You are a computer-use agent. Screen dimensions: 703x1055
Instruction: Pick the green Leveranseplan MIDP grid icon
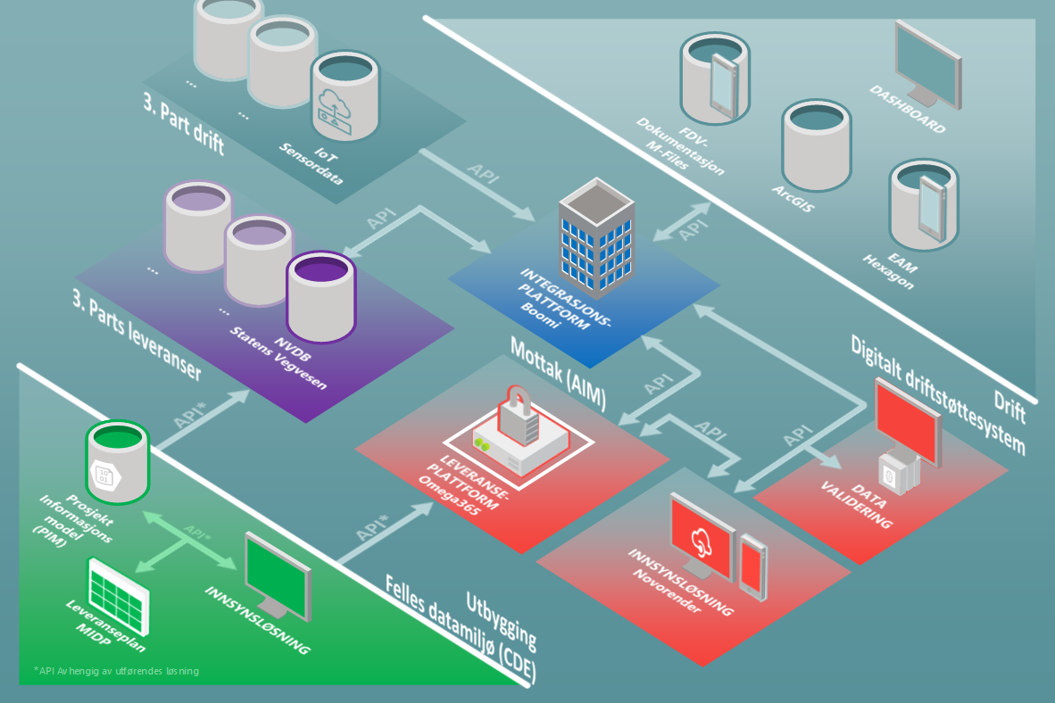(115, 591)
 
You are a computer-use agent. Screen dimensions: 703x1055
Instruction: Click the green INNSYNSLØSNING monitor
(278, 570)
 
